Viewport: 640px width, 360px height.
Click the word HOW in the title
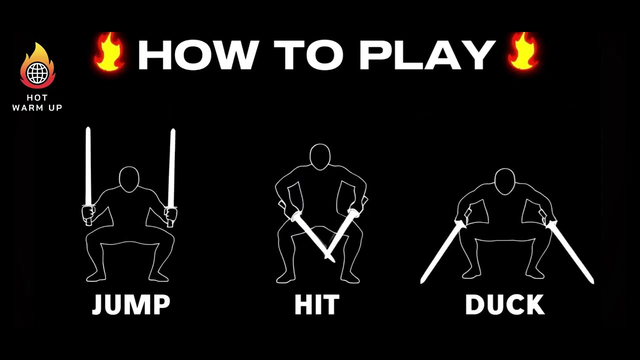click(x=199, y=55)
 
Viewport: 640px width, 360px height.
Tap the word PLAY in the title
click(x=427, y=55)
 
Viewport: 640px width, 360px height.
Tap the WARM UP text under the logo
click(x=37, y=107)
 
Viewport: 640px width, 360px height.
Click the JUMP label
click(x=131, y=305)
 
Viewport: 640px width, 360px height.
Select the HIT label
click(x=317, y=305)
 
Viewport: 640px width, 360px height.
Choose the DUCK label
click(x=505, y=305)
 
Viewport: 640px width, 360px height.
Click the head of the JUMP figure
click(x=129, y=179)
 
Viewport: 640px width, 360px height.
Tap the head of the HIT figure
click(x=320, y=157)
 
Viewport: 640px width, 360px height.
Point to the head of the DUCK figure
click(x=505, y=181)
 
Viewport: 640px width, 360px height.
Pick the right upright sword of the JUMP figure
click(x=171, y=167)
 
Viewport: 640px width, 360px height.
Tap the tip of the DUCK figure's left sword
click(x=421, y=282)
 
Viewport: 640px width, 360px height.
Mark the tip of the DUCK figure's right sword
click(x=592, y=282)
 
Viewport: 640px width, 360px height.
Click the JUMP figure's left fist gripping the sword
click(x=88, y=214)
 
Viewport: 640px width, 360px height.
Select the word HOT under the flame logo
click(x=37, y=97)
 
